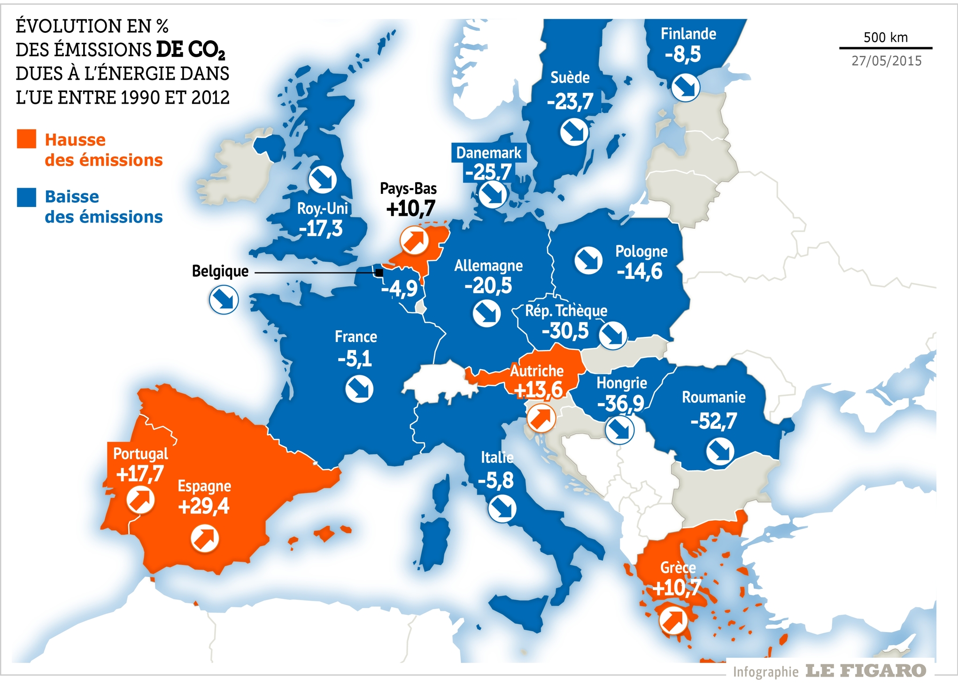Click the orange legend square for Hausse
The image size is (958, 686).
pos(26,139)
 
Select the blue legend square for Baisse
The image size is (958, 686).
pos(26,197)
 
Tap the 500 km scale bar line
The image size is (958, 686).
pos(885,48)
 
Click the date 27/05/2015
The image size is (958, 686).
pos(886,61)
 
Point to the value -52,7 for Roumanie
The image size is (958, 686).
pos(713,421)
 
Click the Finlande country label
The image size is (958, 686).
pos(688,34)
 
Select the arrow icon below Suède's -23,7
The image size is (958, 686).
pos(574,132)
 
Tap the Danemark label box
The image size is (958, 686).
pos(488,152)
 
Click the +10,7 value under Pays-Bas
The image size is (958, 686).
pos(410,208)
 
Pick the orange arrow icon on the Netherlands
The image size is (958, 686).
pos(414,240)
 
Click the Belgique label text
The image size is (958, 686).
pos(220,271)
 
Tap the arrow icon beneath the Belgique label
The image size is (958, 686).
pos(224,300)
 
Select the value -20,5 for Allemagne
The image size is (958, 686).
pos(488,285)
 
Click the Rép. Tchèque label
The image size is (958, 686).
pos(566,311)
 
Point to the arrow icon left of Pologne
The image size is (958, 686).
pos(588,260)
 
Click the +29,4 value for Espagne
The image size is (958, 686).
pos(203,506)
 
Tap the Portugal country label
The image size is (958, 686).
pos(140,454)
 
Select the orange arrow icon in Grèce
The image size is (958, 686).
pos(673,620)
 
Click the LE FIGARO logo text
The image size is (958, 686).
pos(865,671)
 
